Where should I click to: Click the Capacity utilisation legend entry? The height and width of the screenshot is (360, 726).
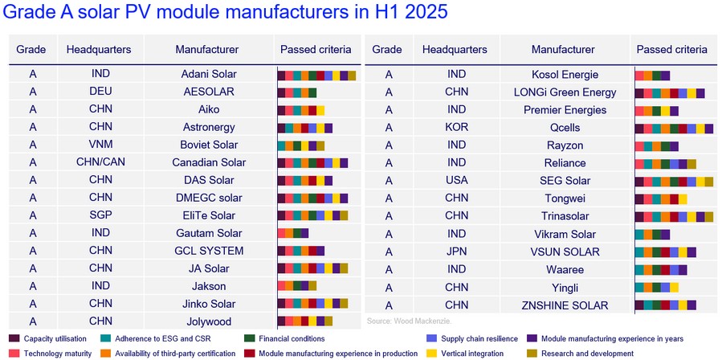[53, 338]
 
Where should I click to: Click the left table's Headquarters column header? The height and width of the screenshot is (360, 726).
[99, 49]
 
